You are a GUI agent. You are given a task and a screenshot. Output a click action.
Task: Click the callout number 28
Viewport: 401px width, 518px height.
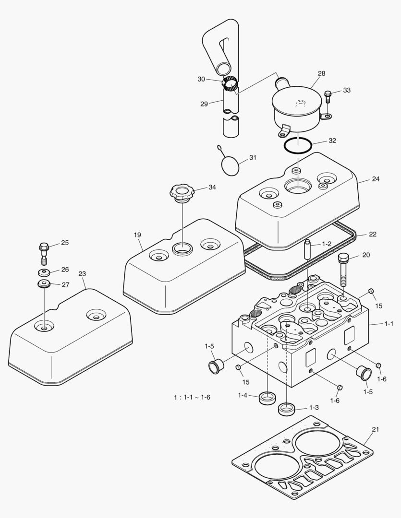pos(321,73)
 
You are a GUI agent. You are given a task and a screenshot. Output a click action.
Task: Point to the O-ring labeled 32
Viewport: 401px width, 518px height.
pos(297,145)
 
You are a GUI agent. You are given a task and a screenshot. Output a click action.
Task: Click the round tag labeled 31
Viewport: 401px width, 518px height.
pos(231,165)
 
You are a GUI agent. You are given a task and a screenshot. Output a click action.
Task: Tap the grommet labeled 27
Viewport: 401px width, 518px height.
pos(44,284)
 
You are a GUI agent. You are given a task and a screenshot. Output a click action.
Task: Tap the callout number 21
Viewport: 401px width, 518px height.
pos(376,429)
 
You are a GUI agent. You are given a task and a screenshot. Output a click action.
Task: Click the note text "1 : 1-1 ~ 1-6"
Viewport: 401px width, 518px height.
pos(192,397)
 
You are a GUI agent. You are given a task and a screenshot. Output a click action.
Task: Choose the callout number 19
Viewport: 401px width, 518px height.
pos(137,235)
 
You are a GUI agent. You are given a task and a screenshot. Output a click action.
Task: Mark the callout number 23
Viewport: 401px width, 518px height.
pos(82,274)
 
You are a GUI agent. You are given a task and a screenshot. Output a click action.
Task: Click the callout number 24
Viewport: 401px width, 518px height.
pos(376,179)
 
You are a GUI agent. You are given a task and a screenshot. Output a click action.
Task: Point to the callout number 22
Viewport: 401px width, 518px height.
pos(373,234)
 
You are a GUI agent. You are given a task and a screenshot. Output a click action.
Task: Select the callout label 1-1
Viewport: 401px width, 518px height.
pos(389,324)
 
